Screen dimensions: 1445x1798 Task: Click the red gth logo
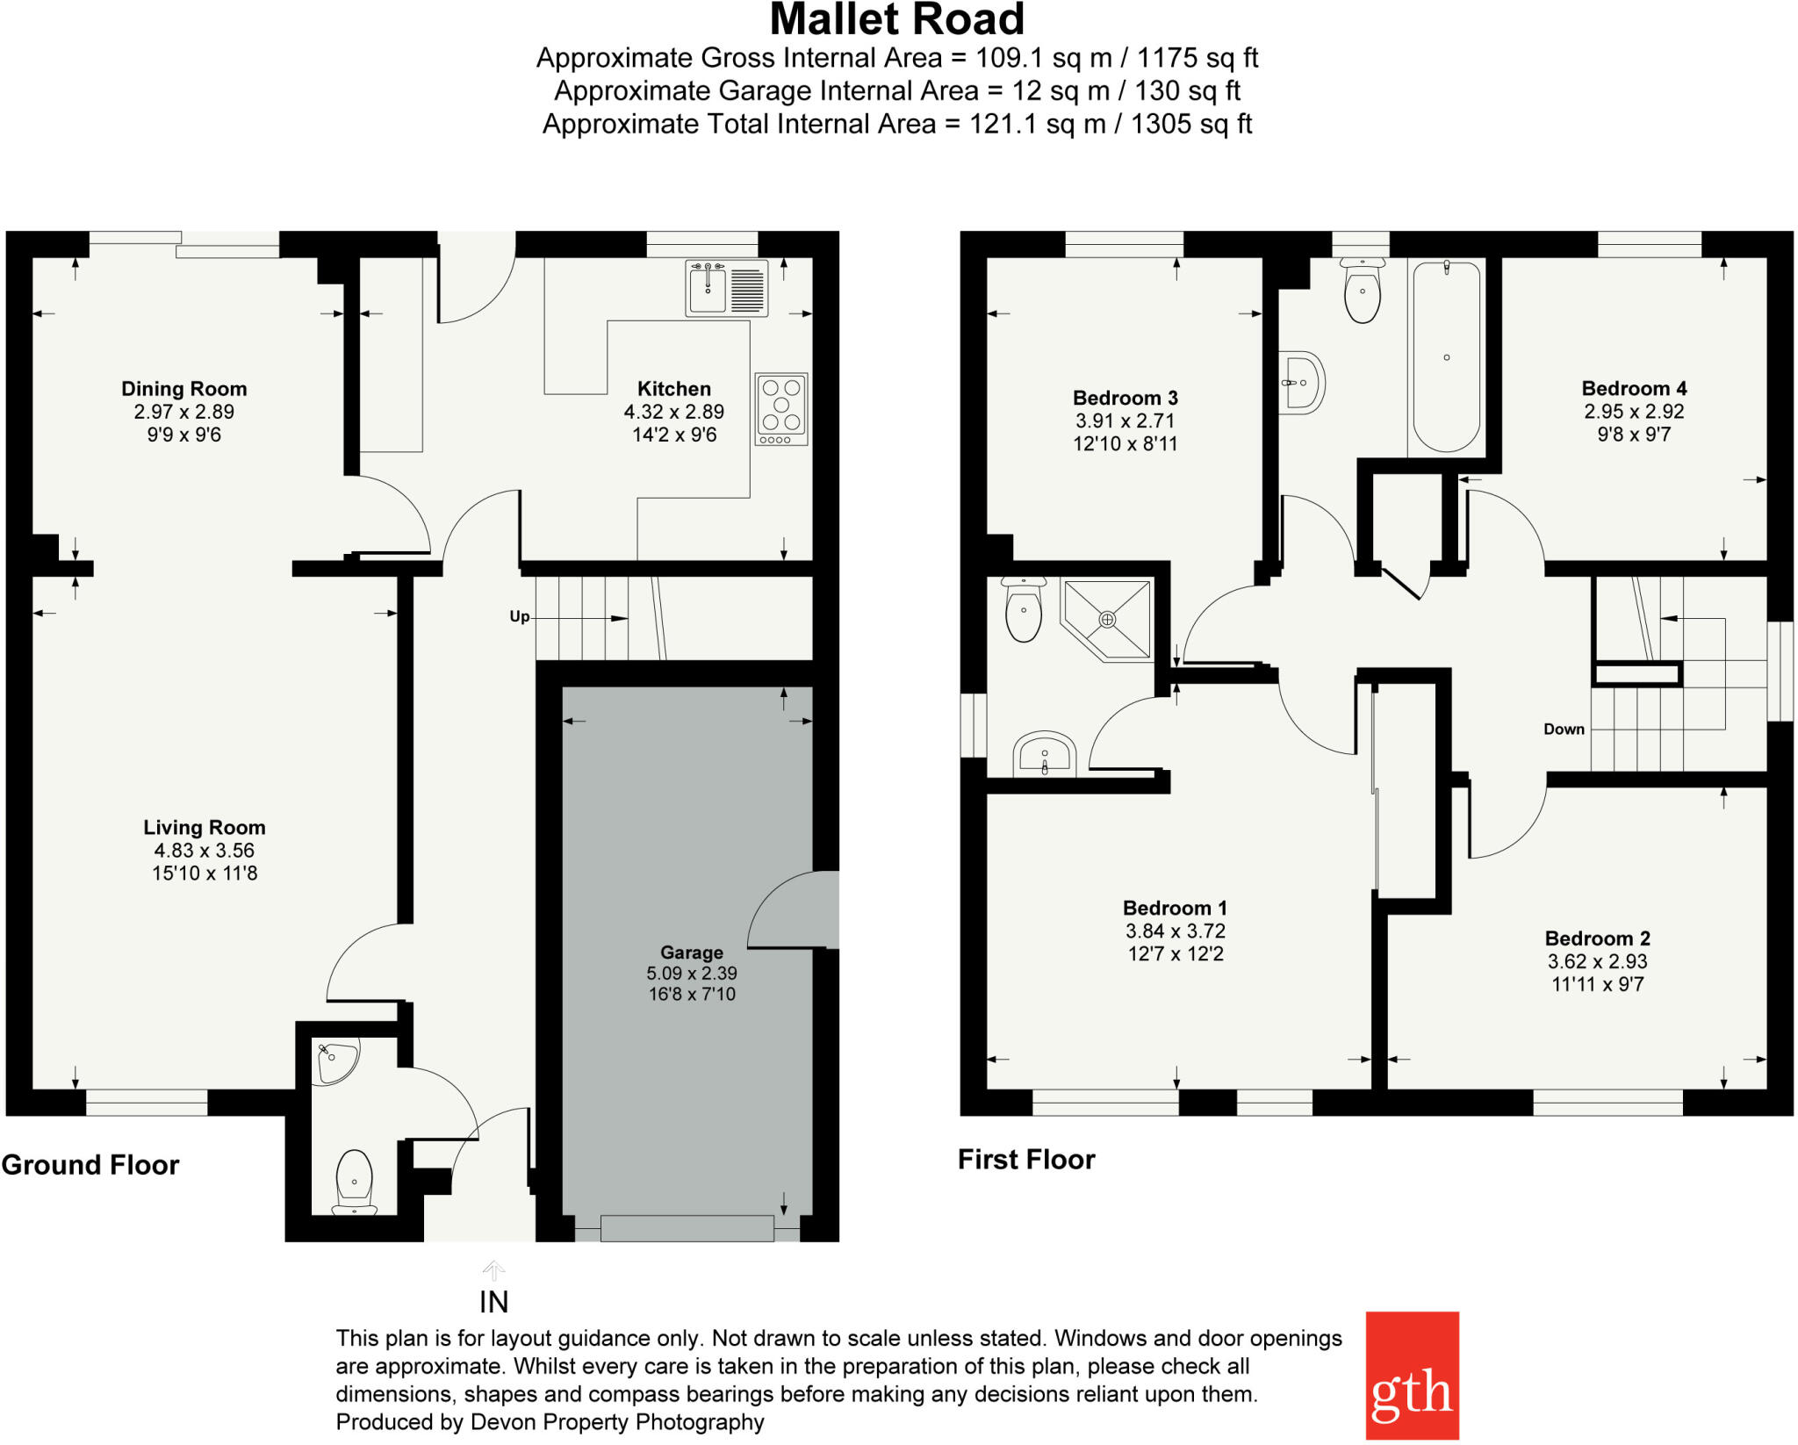[1412, 1375]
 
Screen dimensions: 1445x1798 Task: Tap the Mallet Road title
[896, 19]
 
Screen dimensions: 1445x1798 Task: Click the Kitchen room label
[673, 389]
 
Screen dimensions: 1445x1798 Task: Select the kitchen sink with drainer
[726, 288]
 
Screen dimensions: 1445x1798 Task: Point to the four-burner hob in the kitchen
[780, 409]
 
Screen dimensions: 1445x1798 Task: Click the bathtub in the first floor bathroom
[1446, 356]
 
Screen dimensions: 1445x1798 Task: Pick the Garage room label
[692, 953]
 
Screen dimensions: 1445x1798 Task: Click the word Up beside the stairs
[519, 616]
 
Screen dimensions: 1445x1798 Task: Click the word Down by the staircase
[1564, 729]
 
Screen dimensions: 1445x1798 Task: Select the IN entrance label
[493, 1302]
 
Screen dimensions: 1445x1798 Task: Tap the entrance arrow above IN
[493, 1269]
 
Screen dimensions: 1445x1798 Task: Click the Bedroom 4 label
[1634, 388]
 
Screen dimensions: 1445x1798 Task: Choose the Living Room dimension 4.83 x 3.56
[204, 850]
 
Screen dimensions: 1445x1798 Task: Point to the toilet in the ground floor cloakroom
[354, 1182]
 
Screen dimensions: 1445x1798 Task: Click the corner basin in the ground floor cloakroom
[336, 1060]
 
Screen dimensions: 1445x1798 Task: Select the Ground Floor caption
[90, 1165]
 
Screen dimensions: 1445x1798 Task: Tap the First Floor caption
[1026, 1160]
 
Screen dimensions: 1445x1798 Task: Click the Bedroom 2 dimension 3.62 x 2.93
[1597, 961]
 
